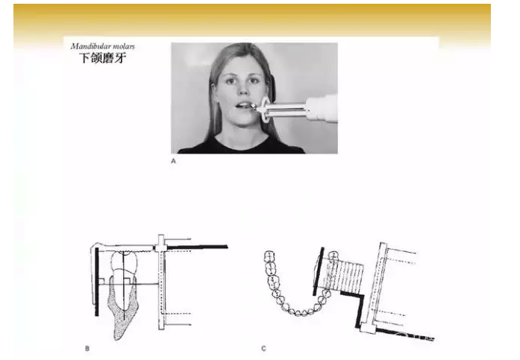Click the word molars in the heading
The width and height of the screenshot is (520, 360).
[x=125, y=46]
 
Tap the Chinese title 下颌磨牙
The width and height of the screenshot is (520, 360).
[x=102, y=58]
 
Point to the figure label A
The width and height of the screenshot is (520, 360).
[x=173, y=161]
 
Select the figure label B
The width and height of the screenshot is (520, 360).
[x=87, y=348]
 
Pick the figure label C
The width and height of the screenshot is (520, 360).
[x=263, y=348]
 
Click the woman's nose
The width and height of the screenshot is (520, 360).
[x=242, y=90]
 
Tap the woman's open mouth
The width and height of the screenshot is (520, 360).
[x=244, y=105]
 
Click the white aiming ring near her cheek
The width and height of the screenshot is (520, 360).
[x=263, y=110]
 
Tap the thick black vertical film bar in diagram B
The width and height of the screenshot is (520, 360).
[x=97, y=282]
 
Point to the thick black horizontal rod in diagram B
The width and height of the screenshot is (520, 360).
[x=197, y=247]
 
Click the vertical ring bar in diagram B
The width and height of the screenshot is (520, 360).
[x=161, y=282]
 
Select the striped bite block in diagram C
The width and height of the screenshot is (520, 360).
[x=344, y=274]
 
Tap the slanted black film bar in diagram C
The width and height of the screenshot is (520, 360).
[x=319, y=271]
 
